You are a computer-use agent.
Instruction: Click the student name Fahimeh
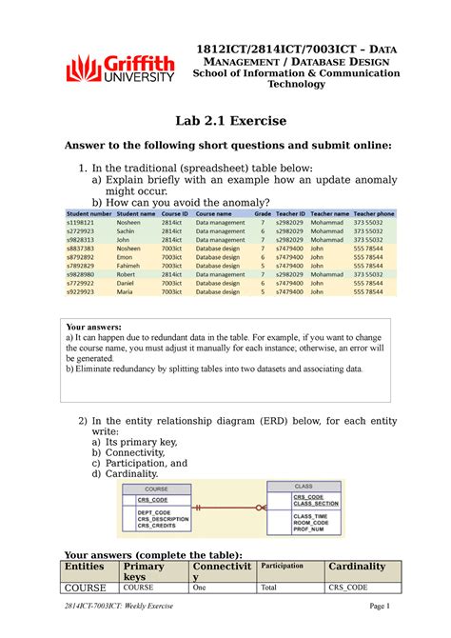tap(130, 266)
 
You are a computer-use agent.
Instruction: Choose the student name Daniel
tap(127, 284)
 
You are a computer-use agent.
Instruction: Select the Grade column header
tap(263, 214)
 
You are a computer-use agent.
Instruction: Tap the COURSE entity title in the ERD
tap(156, 490)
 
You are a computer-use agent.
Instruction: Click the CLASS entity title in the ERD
tap(303, 486)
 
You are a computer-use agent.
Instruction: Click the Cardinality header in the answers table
tap(358, 567)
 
